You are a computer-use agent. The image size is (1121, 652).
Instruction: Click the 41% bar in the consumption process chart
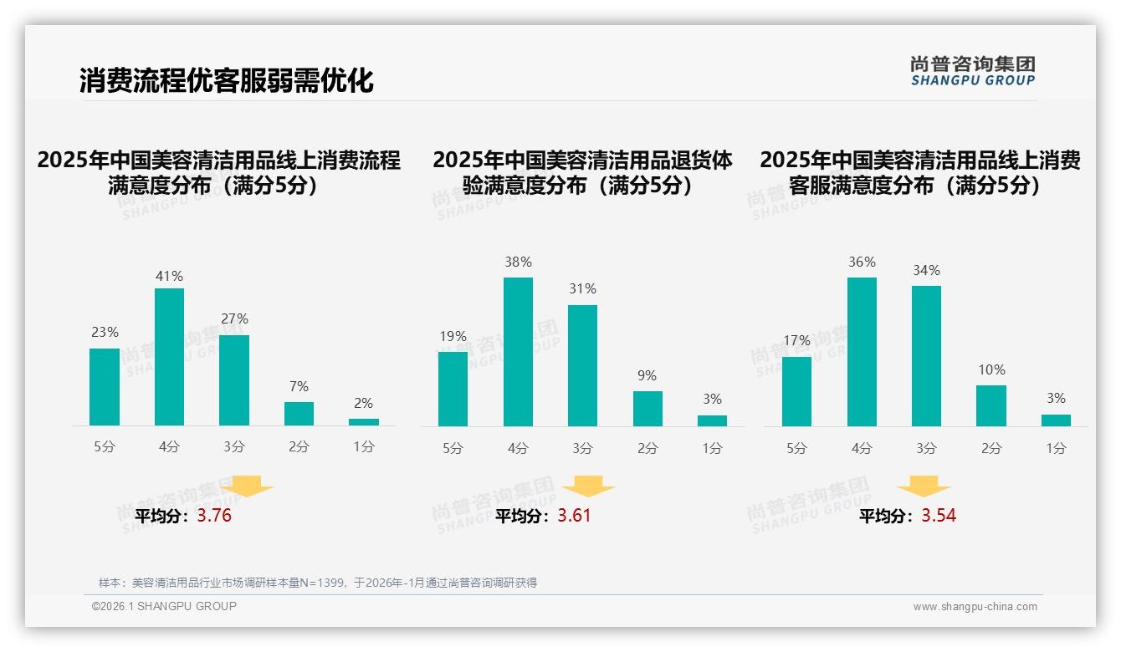click(x=169, y=357)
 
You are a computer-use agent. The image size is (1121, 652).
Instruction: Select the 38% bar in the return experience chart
click(x=518, y=352)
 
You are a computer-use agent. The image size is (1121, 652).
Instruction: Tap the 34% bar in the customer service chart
click(x=926, y=356)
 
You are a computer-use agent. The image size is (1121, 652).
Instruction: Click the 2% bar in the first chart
click(x=364, y=422)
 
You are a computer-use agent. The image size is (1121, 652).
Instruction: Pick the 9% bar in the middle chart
click(x=648, y=409)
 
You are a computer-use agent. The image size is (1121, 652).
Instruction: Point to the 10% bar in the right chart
click(x=991, y=406)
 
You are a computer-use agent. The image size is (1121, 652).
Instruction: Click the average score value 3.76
click(x=214, y=516)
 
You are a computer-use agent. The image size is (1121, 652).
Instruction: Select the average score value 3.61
click(x=574, y=516)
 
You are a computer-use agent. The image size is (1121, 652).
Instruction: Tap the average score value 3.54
click(x=939, y=516)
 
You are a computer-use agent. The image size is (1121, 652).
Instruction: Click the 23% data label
click(x=105, y=332)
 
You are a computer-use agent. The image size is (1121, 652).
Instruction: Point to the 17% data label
click(x=796, y=340)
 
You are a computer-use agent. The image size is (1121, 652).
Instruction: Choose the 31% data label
click(x=582, y=288)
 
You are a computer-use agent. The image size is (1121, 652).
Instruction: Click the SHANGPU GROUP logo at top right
click(x=972, y=71)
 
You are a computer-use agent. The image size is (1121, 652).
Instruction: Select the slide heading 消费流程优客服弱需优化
click(x=226, y=80)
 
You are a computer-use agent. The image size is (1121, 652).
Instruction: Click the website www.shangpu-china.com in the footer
click(x=975, y=607)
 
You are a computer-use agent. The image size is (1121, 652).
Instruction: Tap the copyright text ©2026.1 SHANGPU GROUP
click(x=164, y=606)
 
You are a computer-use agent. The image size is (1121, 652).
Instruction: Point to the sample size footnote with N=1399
click(x=318, y=583)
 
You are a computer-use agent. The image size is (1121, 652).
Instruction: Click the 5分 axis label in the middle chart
click(x=453, y=448)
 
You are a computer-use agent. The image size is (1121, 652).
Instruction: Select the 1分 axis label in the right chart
click(x=1056, y=448)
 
